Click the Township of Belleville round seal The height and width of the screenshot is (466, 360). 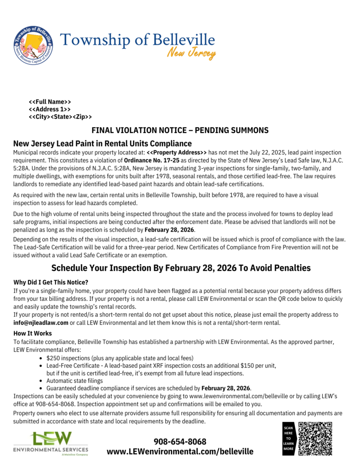click(x=32, y=45)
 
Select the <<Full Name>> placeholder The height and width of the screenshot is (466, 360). click(x=50, y=102)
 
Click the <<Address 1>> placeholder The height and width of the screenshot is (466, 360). click(x=49, y=109)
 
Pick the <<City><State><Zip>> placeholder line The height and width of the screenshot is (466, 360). click(x=60, y=117)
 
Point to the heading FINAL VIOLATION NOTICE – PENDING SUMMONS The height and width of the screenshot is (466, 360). click(x=180, y=130)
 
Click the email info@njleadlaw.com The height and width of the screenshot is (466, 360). click(x=41, y=323)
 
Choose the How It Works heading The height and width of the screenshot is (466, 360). click(x=33, y=333)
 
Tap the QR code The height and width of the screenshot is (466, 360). click(x=315, y=439)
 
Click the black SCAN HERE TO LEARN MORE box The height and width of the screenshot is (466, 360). click(x=288, y=439)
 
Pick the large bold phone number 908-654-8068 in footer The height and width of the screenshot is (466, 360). click(x=180, y=441)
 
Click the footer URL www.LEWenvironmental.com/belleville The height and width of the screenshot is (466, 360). click(x=180, y=451)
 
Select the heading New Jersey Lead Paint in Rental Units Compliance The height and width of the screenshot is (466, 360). click(x=103, y=144)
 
